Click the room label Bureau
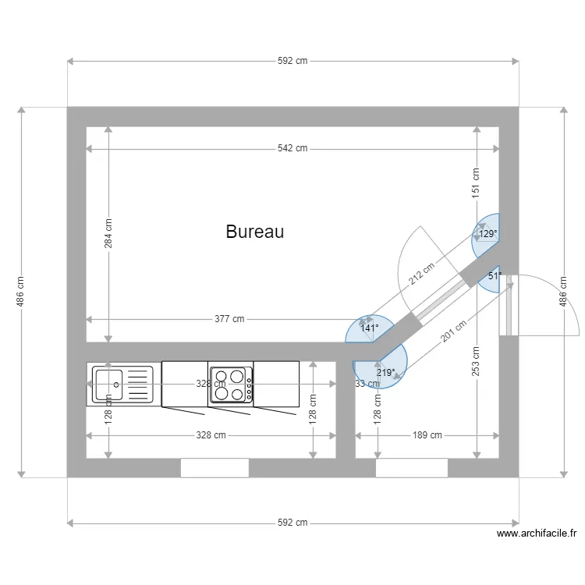(254, 232)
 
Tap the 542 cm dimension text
(292, 148)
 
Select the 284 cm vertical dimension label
(108, 233)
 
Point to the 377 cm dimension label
(229, 319)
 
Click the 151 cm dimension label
(476, 183)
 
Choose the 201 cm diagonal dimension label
(454, 333)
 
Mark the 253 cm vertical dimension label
(476, 361)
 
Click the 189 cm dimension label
(427, 435)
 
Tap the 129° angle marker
(487, 233)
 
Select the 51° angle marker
(494, 276)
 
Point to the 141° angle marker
(369, 328)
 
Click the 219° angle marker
(385, 373)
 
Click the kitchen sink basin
(107, 382)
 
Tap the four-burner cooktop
(231, 384)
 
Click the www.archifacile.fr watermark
(536, 534)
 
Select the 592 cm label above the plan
(292, 61)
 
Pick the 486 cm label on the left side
(21, 292)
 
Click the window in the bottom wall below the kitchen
(214, 468)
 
